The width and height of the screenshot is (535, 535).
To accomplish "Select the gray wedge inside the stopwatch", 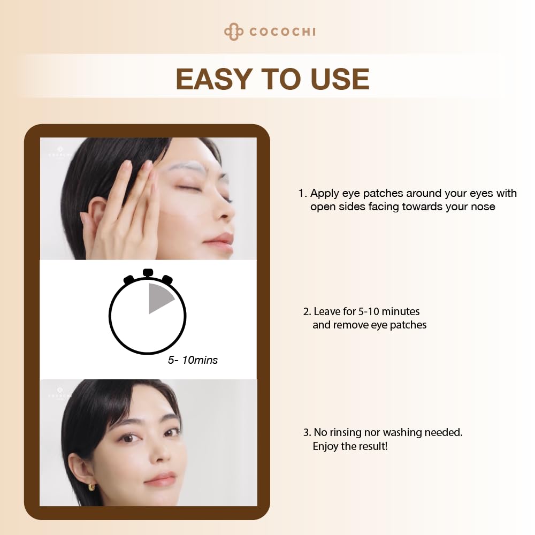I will pyautogui.click(x=159, y=298).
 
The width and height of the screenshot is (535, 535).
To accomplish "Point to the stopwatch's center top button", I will pyautogui.click(x=148, y=272).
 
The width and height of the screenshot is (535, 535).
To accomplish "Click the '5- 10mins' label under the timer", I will pyautogui.click(x=193, y=360).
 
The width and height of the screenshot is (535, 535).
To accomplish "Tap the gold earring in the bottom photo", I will pyautogui.click(x=91, y=486).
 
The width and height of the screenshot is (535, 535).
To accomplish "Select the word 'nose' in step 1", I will pyautogui.click(x=483, y=207).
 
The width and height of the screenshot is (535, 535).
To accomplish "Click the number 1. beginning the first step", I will pyautogui.click(x=303, y=193).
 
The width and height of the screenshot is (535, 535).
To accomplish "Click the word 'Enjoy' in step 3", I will pyautogui.click(x=325, y=446).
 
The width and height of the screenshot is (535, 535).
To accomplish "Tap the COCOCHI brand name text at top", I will pyautogui.click(x=282, y=32).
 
